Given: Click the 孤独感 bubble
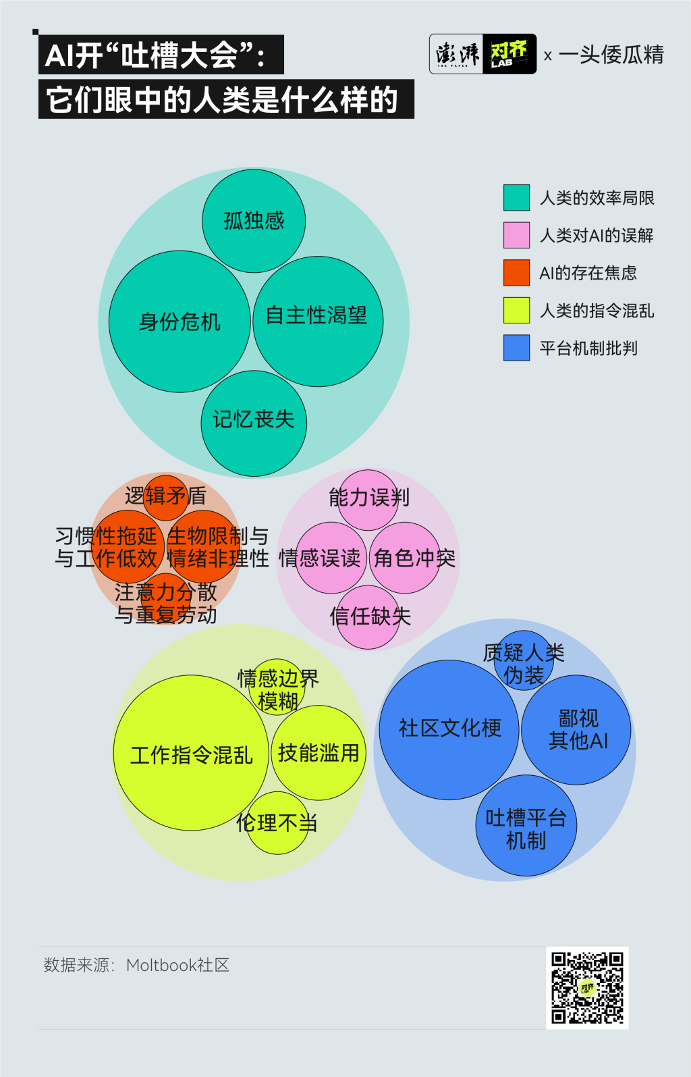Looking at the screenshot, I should tap(254, 221).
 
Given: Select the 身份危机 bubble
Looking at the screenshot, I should tap(179, 321).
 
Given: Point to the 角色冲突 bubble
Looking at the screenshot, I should tap(405, 558).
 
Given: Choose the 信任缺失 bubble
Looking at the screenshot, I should tap(368, 616).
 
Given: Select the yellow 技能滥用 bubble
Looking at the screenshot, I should tap(319, 752).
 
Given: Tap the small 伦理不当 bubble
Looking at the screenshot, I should tap(277, 823).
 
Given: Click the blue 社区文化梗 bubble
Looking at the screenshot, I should tap(449, 729).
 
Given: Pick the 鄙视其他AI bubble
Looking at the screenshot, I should tap(577, 729).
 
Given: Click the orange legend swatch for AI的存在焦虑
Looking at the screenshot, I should tap(516, 273).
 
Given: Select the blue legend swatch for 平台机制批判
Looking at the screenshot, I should tap(516, 348).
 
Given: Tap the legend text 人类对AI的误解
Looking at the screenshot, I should tap(597, 236).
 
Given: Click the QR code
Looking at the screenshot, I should tap(587, 988).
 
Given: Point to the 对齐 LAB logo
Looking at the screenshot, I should tap(509, 54).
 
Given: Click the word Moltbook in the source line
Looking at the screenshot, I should tap(161, 965).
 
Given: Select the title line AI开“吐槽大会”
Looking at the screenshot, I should tap(161, 55).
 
